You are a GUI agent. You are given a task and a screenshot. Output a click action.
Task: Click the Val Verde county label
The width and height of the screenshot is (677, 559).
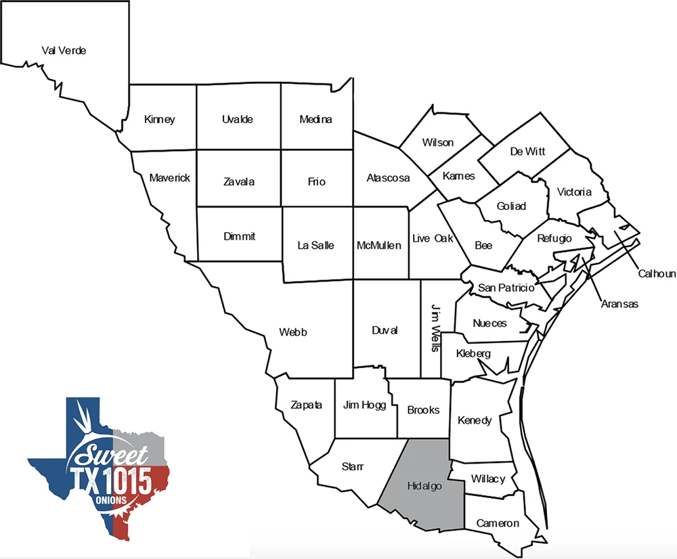point(64,51)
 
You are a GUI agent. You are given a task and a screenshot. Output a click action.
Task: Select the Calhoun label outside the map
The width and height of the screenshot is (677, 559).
point(657,273)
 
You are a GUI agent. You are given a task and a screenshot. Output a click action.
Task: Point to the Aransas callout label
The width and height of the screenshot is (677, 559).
point(619,305)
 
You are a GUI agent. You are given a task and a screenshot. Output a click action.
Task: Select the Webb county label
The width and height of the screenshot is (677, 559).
point(293,332)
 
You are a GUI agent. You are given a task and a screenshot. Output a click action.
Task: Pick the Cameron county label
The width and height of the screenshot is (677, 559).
point(498,523)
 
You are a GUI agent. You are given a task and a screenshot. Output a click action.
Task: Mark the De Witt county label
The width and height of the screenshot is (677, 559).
point(527,152)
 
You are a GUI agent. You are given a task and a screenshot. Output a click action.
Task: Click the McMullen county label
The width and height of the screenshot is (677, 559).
point(379,246)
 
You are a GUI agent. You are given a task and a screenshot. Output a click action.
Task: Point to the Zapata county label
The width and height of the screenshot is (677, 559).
point(306,405)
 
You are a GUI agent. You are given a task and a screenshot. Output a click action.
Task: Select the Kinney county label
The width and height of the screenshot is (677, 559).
point(160,120)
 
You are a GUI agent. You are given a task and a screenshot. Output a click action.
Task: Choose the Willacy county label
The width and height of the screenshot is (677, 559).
point(487,479)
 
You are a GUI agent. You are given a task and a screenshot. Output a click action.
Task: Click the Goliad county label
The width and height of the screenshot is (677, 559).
point(511,206)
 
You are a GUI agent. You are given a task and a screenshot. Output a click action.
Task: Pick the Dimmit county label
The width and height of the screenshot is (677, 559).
point(240,237)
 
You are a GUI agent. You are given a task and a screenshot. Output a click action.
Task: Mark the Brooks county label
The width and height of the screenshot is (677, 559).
point(423,410)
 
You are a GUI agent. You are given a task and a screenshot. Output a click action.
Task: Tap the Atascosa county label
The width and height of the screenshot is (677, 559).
point(388,179)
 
